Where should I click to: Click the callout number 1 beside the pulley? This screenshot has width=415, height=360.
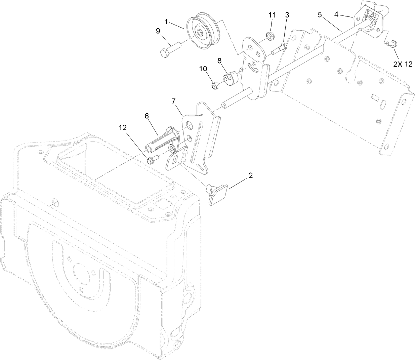tap(166, 21)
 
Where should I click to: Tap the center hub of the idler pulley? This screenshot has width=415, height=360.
tap(200, 33)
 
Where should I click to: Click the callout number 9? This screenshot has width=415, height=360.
tap(158, 31)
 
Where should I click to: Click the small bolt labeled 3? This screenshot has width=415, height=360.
tap(278, 49)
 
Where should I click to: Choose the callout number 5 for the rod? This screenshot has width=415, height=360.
tap(320, 15)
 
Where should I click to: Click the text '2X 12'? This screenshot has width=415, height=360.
tap(403, 64)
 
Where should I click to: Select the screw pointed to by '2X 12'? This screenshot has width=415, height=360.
tap(392, 43)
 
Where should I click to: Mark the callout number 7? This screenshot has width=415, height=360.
tap(173, 101)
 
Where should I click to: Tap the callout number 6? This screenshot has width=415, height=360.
tap(147, 116)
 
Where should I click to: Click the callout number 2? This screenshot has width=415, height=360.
tap(250, 175)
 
